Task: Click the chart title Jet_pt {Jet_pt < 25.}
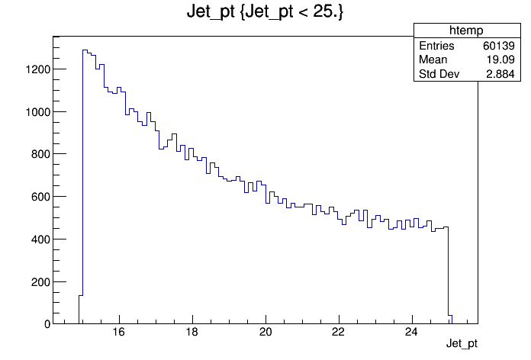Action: click(x=265, y=11)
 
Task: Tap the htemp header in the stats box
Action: click(x=466, y=31)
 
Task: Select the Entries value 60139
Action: click(x=499, y=46)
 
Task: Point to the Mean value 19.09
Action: click(x=500, y=59)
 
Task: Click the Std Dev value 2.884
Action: click(x=500, y=74)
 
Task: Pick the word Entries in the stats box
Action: click(x=436, y=46)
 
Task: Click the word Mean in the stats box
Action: click(x=433, y=59)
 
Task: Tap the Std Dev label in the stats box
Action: click(x=439, y=74)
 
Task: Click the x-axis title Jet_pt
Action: click(x=462, y=343)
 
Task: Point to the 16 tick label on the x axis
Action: click(x=119, y=332)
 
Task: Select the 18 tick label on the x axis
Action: click(x=192, y=332)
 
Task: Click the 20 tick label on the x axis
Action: click(x=265, y=332)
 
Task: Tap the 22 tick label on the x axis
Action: click(x=339, y=332)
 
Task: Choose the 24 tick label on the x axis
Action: click(x=412, y=332)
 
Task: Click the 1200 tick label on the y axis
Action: click(x=37, y=69)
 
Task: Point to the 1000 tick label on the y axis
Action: click(x=37, y=112)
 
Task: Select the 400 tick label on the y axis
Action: click(x=40, y=239)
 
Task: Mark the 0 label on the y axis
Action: click(x=47, y=324)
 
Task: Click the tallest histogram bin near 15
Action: click(x=85, y=187)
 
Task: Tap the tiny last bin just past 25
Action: click(x=450, y=320)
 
